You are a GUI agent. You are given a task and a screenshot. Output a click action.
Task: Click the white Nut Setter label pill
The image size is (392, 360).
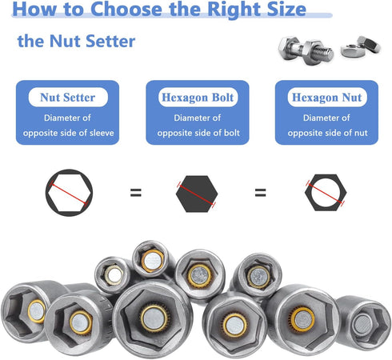click(x=67, y=98)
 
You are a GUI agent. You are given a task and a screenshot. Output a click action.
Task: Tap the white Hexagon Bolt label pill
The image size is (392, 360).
click(x=195, y=98)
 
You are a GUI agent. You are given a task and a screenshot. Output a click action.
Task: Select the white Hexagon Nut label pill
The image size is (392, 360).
click(x=326, y=98)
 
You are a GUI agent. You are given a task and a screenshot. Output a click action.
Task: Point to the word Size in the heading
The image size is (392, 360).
click(x=278, y=10)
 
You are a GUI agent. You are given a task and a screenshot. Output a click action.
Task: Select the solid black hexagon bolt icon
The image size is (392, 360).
click(x=196, y=193)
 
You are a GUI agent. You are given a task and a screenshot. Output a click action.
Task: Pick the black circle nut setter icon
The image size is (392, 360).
click(x=69, y=193)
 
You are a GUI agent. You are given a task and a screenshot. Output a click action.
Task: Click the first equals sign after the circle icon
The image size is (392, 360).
click(x=136, y=193)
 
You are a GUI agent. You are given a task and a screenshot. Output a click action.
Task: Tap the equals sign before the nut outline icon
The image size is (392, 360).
click(x=259, y=193)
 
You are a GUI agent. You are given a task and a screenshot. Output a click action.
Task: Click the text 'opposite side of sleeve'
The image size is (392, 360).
click(x=67, y=132)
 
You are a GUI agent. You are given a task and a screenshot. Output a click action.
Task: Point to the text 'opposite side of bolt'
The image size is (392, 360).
click(x=195, y=132)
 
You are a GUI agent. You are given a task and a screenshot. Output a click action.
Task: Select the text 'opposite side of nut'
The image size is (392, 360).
click(x=326, y=132)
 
